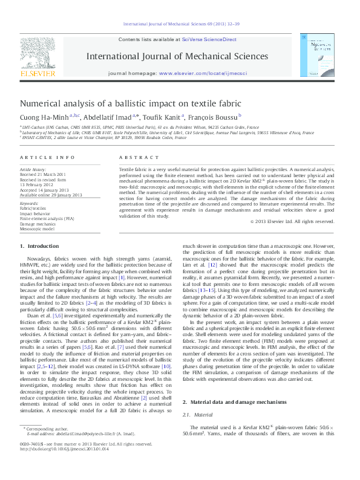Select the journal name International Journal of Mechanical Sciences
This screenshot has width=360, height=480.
[x=178, y=56]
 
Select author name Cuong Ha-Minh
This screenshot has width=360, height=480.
[x=44, y=117]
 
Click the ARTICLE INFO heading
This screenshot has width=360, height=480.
[x=47, y=157]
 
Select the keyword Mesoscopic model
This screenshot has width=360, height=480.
[x=38, y=228]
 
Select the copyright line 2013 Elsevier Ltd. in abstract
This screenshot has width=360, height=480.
[x=295, y=221]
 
